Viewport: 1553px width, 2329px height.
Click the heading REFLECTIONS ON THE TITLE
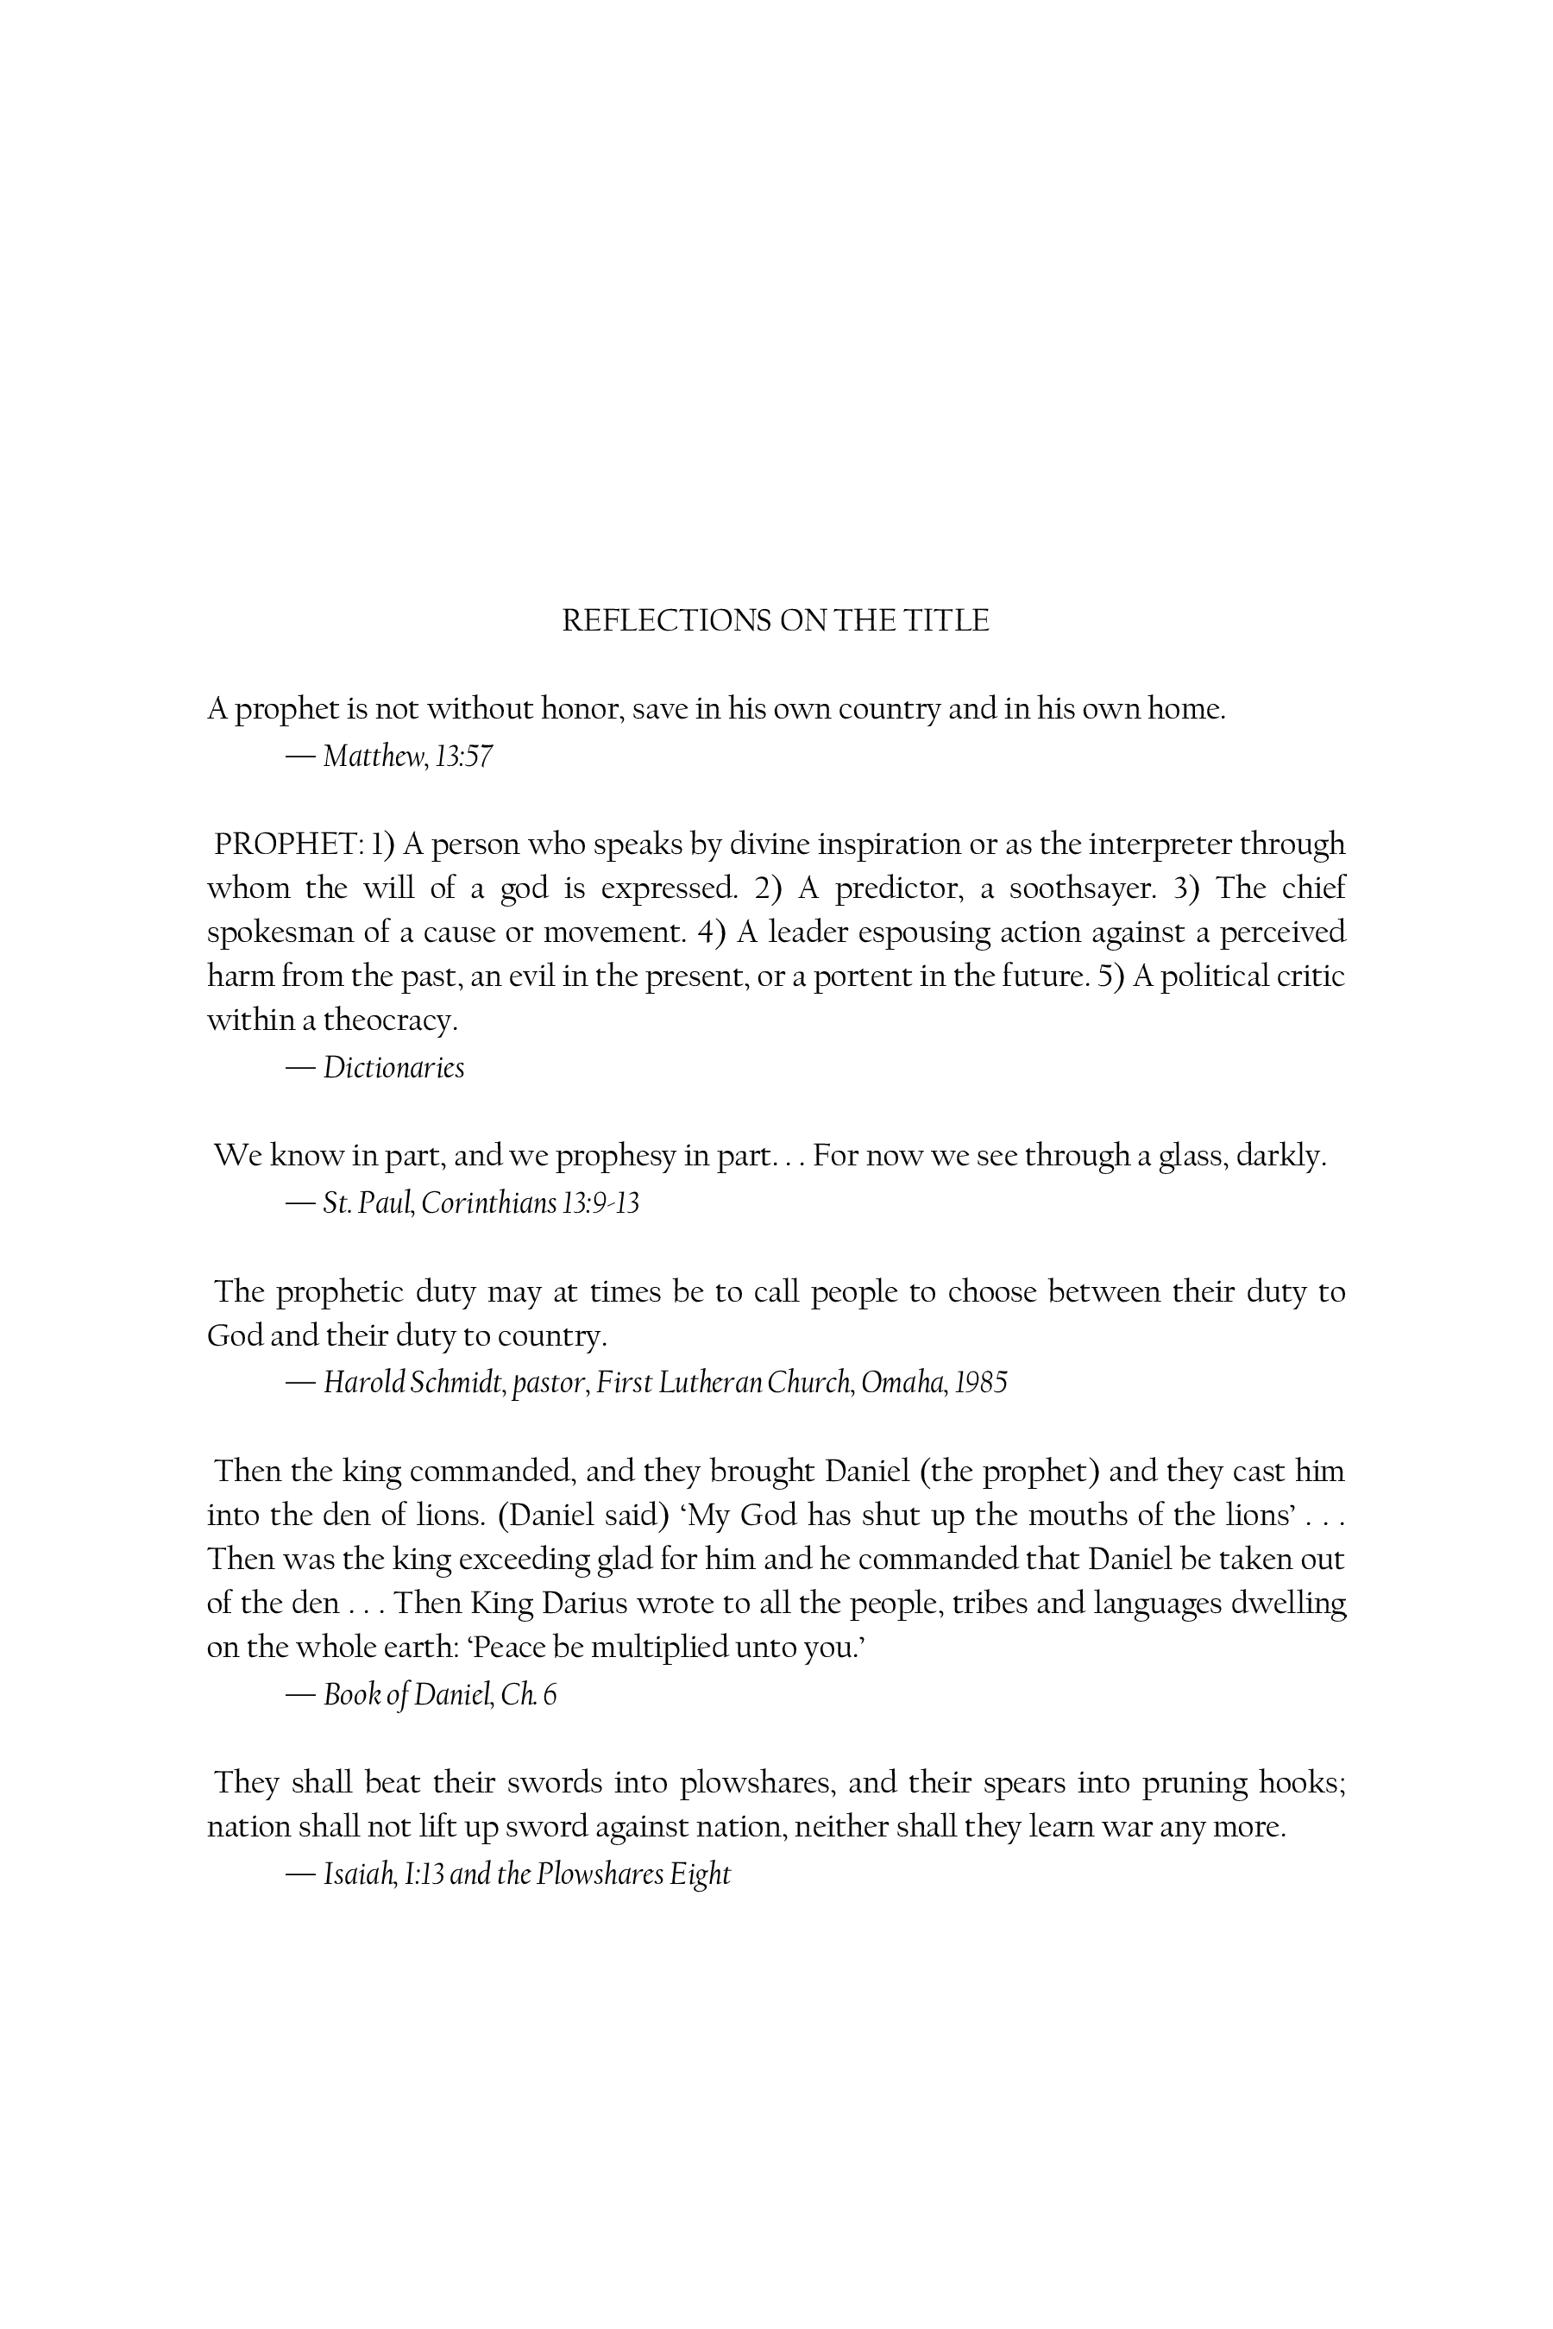pos(776,621)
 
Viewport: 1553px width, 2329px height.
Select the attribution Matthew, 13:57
pos(407,756)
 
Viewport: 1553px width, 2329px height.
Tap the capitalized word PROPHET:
pos(288,844)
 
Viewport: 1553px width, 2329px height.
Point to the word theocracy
pos(390,1020)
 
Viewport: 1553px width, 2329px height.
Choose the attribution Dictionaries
pos(393,1068)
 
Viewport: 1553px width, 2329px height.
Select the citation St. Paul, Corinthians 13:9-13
pos(481,1203)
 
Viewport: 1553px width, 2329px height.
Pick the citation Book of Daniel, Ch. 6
pos(440,1695)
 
